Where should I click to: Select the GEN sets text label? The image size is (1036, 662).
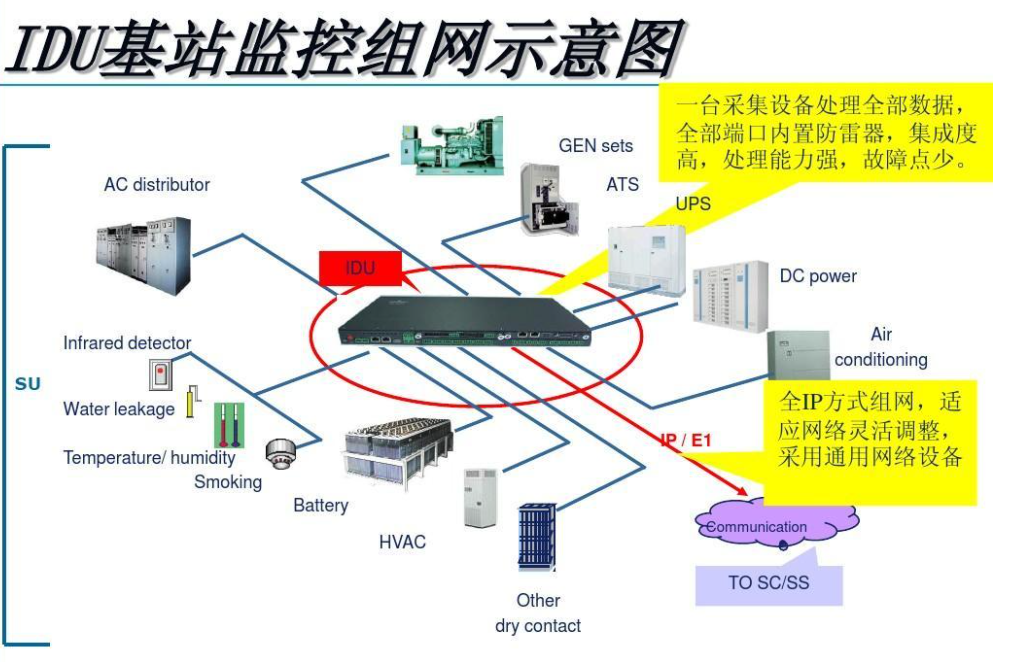coord(595,146)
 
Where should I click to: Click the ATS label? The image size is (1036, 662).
coord(622,185)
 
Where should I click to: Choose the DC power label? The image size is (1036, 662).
coord(818,276)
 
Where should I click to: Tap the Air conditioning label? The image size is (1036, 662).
coord(881,347)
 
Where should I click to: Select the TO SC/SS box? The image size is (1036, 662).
coord(769,583)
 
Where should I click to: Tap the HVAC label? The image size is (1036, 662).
coord(402,542)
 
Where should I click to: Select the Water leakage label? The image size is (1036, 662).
coord(118,409)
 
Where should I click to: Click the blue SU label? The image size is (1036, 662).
coord(27,384)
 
